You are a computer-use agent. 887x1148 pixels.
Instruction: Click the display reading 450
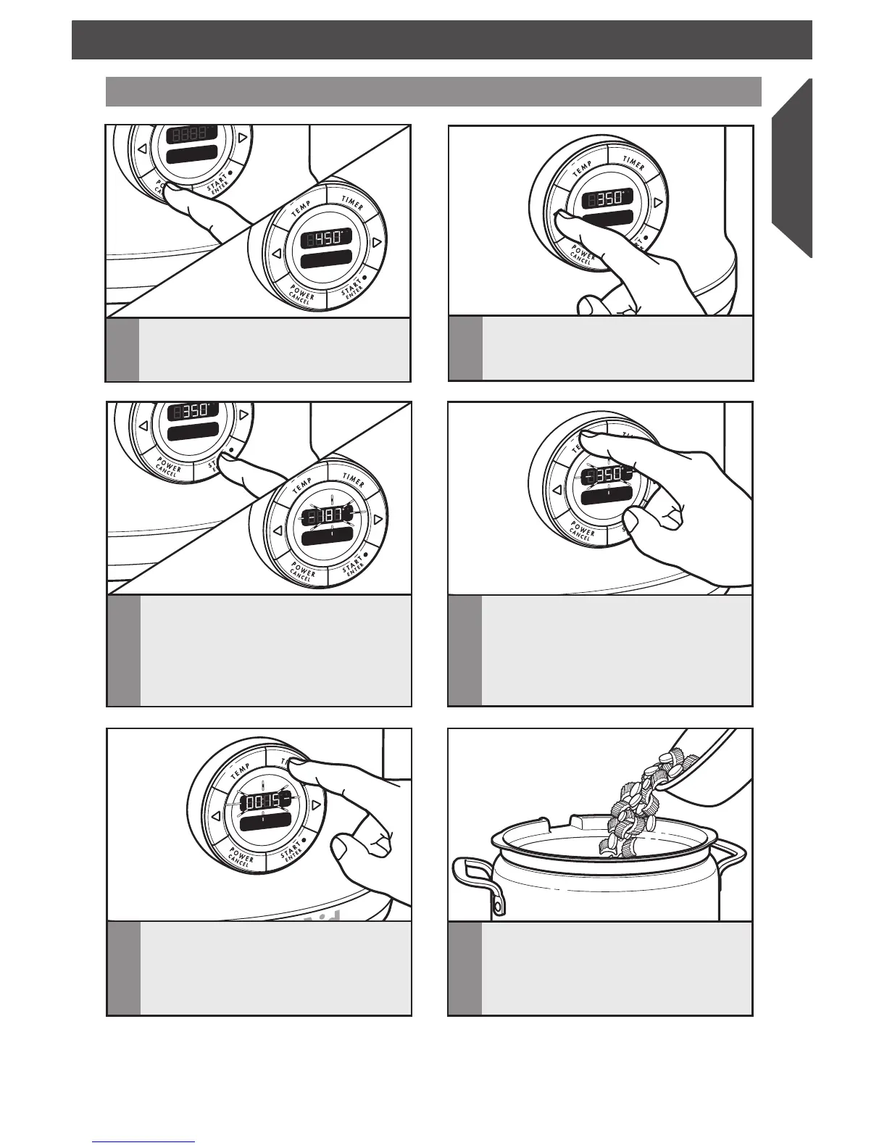(324, 237)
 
